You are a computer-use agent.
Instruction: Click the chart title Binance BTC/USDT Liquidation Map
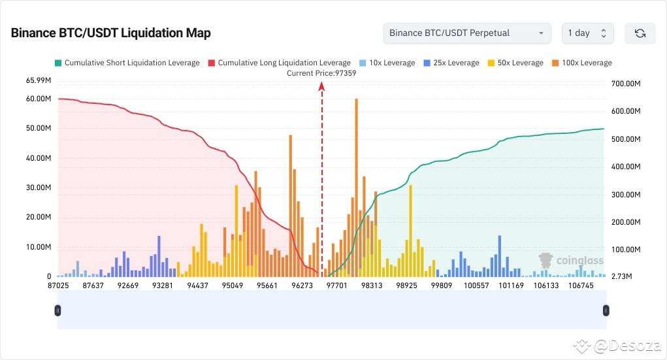pyautogui.click(x=110, y=33)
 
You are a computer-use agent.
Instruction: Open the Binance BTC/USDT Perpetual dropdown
pyautogui.click(x=467, y=33)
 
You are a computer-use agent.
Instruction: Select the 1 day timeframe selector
pyautogui.click(x=587, y=33)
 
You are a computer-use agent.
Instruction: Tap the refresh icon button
pyautogui.click(x=640, y=33)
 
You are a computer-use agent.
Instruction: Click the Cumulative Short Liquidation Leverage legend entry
pyautogui.click(x=127, y=63)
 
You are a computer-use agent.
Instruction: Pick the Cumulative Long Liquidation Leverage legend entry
pyautogui.click(x=279, y=63)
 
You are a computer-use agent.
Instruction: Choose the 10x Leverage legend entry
pyautogui.click(x=387, y=63)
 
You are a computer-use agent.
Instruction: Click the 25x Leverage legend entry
pyautogui.click(x=451, y=63)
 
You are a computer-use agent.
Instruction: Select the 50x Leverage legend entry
pyautogui.click(x=515, y=63)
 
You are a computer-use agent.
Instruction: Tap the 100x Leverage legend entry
pyautogui.click(x=581, y=63)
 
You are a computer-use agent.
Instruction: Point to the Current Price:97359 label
pyautogui.click(x=321, y=73)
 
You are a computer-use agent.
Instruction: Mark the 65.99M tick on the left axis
pyautogui.click(x=39, y=80)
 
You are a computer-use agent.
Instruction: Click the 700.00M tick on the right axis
pyautogui.click(x=626, y=84)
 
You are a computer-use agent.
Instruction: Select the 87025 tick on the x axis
pyautogui.click(x=59, y=286)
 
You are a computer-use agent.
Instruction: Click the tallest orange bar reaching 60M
pyautogui.click(x=356, y=183)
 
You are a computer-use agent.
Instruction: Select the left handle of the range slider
pyautogui.click(x=58, y=310)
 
